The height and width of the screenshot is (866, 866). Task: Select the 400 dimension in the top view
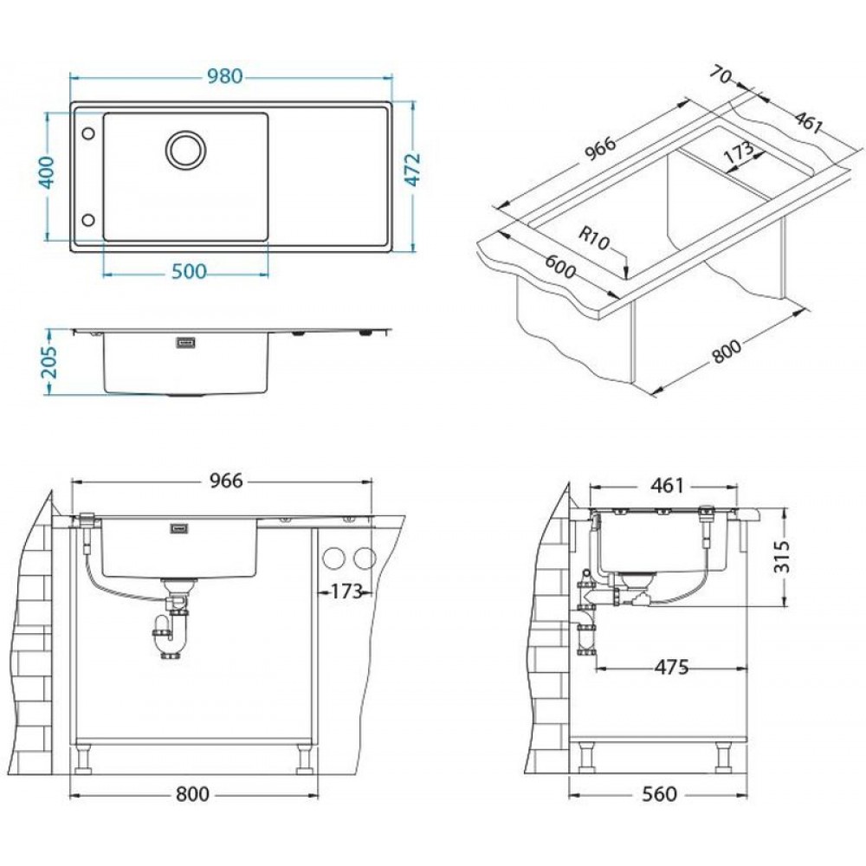48,173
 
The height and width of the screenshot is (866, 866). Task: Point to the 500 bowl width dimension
189,272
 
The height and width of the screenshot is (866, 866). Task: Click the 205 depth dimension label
49,362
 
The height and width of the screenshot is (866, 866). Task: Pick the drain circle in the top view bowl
186,150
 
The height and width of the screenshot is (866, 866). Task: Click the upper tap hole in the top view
87,133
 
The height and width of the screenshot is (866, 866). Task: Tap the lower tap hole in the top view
87,220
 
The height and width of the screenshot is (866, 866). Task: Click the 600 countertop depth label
560,266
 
